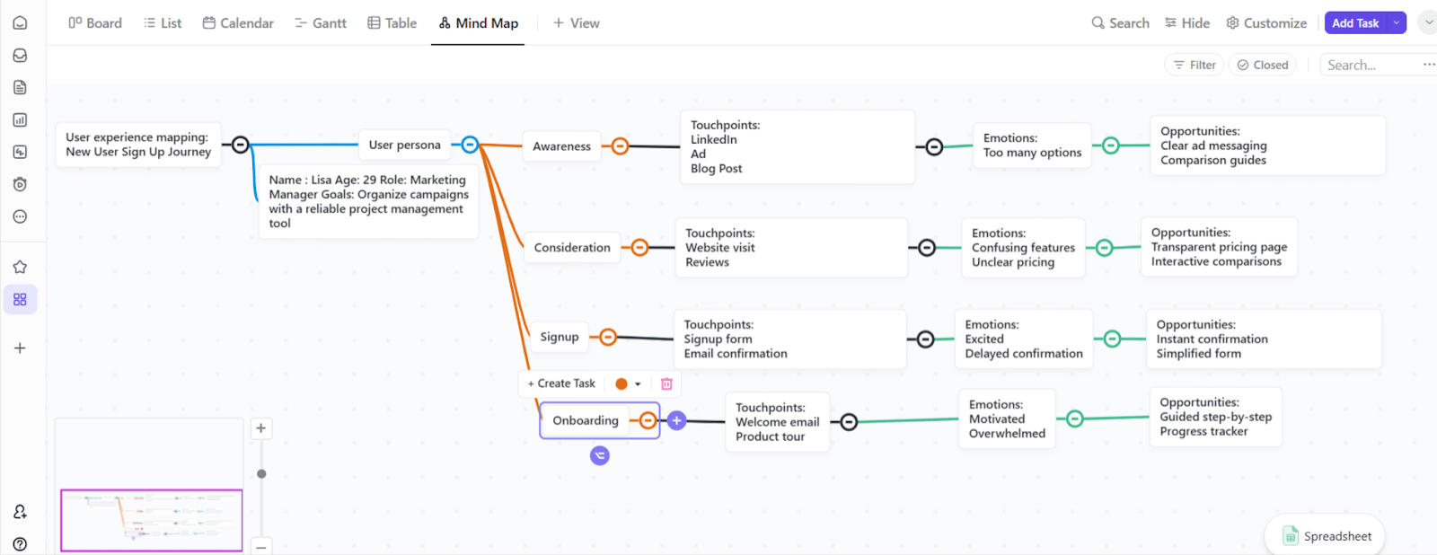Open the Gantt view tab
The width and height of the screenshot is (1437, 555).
pyautogui.click(x=321, y=23)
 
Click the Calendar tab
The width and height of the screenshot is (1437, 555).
pyautogui.click(x=238, y=23)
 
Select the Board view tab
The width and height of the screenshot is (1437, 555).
pyautogui.click(x=95, y=23)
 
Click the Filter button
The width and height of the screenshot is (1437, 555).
pyautogui.click(x=1194, y=65)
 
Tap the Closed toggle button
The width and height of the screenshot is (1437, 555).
pyautogui.click(x=1263, y=65)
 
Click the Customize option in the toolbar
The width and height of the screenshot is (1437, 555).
pyautogui.click(x=1266, y=23)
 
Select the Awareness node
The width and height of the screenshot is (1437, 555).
pyautogui.click(x=561, y=146)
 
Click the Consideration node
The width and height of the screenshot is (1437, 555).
pyautogui.click(x=572, y=248)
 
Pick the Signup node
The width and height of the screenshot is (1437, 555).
pyautogui.click(x=560, y=337)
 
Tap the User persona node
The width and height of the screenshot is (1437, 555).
pyautogui.click(x=405, y=145)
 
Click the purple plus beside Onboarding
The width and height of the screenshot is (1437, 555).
pyautogui.click(x=676, y=421)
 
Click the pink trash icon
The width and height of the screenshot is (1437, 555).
pyautogui.click(x=666, y=383)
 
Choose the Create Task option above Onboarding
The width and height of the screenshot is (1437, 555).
pyautogui.click(x=561, y=383)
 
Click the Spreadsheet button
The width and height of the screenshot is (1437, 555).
pyautogui.click(x=1326, y=536)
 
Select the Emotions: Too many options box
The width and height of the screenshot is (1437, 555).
pyautogui.click(x=1032, y=145)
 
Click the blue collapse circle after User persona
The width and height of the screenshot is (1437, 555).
pyautogui.click(x=470, y=145)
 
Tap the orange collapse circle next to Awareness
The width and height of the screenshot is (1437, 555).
pyautogui.click(x=620, y=146)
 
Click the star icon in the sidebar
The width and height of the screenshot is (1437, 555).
pyautogui.click(x=20, y=267)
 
